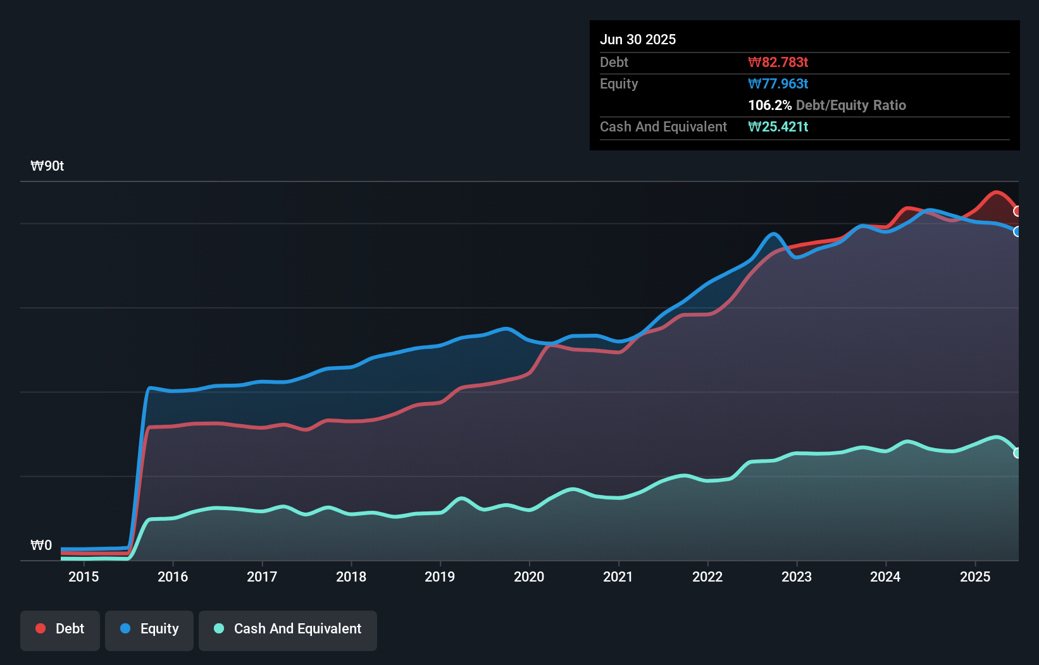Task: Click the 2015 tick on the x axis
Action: pyautogui.click(x=84, y=577)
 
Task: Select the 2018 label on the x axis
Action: pyautogui.click(x=351, y=577)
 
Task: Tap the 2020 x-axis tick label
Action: pyautogui.click(x=529, y=577)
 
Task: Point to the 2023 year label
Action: pyautogui.click(x=796, y=577)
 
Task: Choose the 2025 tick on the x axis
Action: pyautogui.click(x=974, y=577)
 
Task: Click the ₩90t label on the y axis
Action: pyautogui.click(x=47, y=166)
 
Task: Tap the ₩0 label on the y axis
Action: pyautogui.click(x=41, y=545)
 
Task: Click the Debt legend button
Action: pyautogui.click(x=60, y=629)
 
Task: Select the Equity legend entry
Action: pyautogui.click(x=149, y=629)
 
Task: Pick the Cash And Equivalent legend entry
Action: pyautogui.click(x=288, y=629)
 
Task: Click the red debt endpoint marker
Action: pyautogui.click(x=1017, y=211)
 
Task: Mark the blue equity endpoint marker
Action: pyautogui.click(x=1017, y=231)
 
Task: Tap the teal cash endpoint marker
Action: pyautogui.click(x=1017, y=453)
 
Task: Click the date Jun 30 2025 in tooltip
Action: pyautogui.click(x=638, y=39)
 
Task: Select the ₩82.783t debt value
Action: pyautogui.click(x=778, y=62)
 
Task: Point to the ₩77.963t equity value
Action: pyautogui.click(x=778, y=83)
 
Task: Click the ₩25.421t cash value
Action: pyautogui.click(x=778, y=126)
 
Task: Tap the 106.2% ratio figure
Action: pyautogui.click(x=769, y=105)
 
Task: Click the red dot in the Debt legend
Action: pyautogui.click(x=40, y=628)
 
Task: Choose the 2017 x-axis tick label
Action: pyautogui.click(x=261, y=577)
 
